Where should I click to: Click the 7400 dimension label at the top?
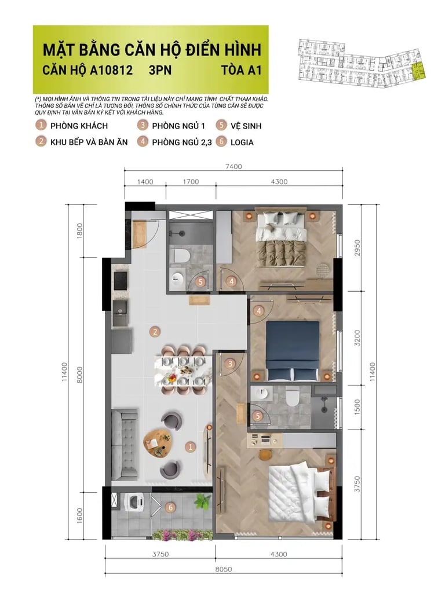tap(234, 167)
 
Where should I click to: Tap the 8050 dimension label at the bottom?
tap(223, 569)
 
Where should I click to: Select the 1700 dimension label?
tap(191, 182)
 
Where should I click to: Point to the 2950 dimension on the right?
tap(357, 248)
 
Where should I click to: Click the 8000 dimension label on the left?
tap(80, 375)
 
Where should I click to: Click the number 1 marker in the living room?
tap(190, 447)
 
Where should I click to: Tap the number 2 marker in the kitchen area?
tap(155, 332)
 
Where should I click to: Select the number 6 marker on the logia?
tap(170, 508)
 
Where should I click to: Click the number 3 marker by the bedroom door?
tap(230, 364)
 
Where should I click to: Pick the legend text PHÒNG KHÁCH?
tap(79, 126)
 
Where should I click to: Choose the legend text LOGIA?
tap(242, 142)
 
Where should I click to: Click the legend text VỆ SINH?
tap(246, 126)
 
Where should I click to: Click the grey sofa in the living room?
tap(125, 444)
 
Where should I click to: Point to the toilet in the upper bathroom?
tap(181, 254)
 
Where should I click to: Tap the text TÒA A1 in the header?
tap(241, 70)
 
